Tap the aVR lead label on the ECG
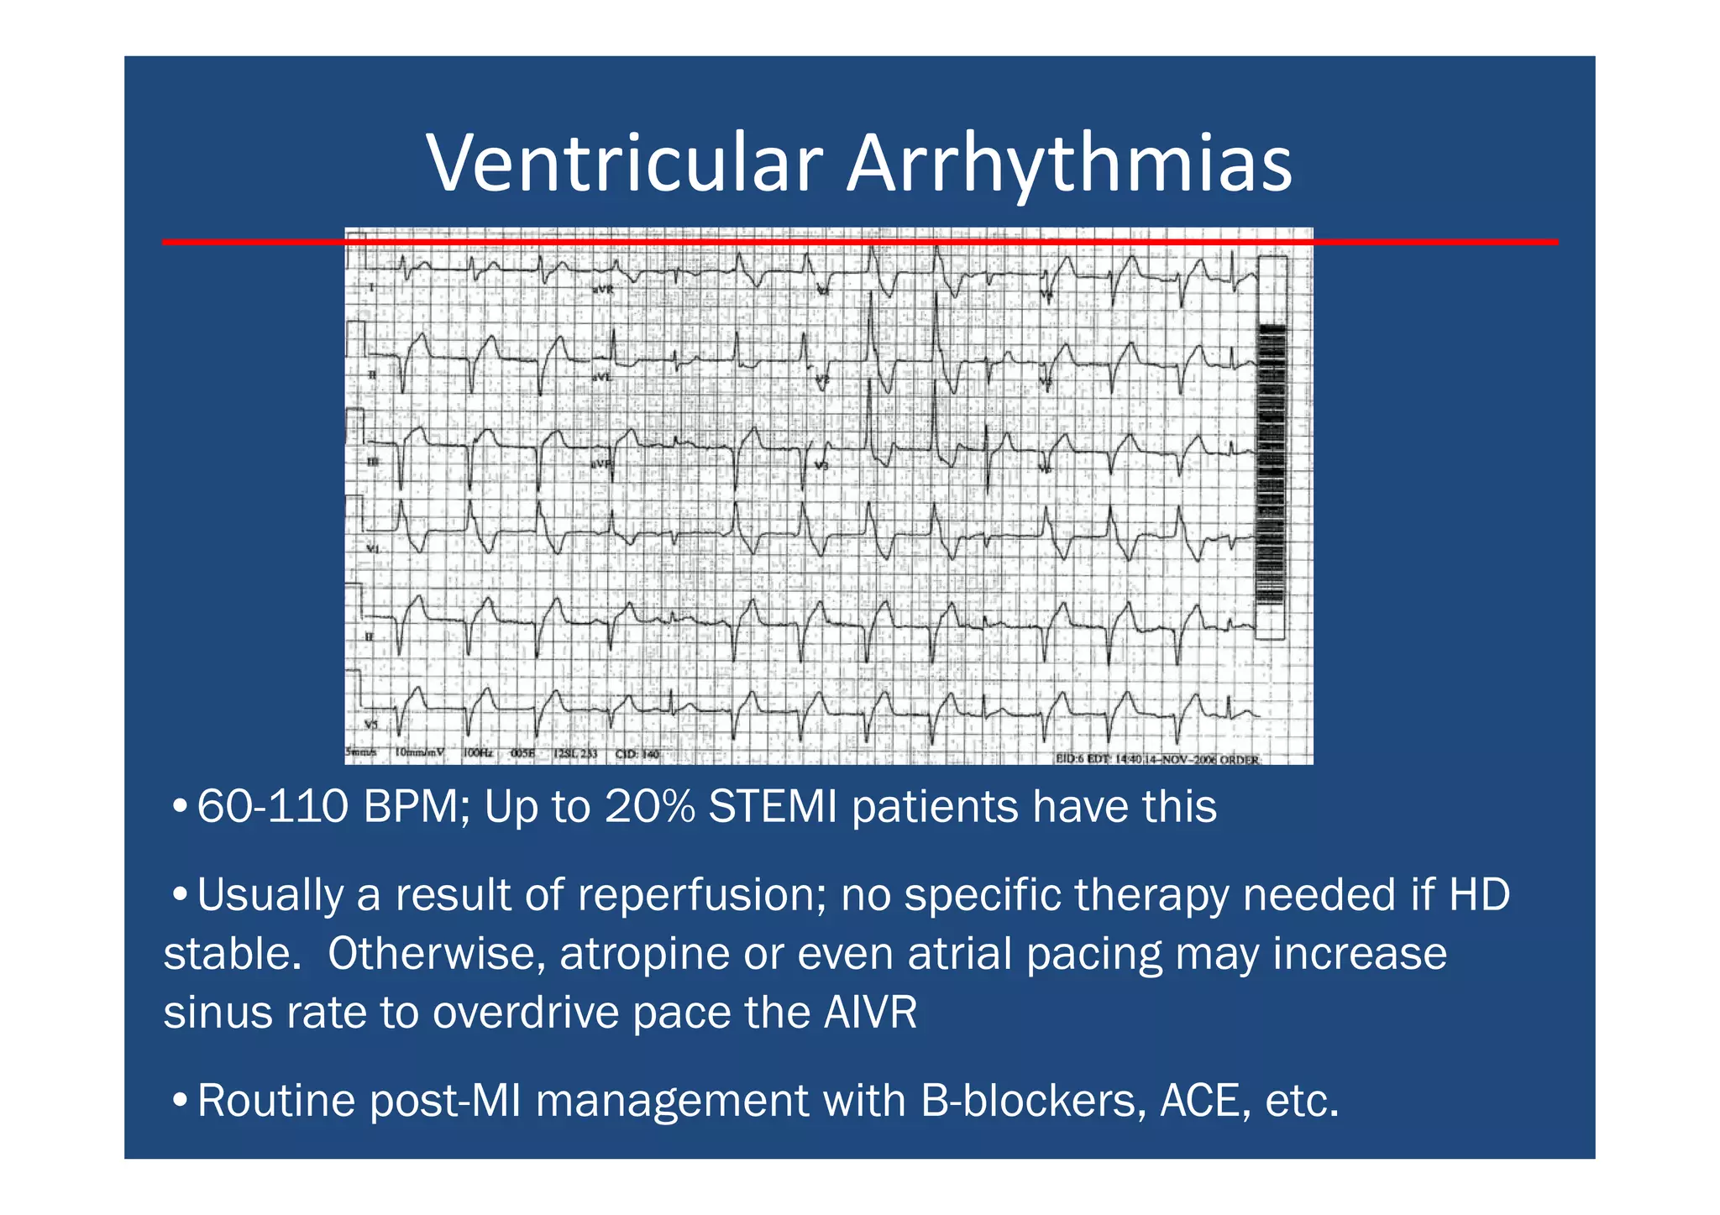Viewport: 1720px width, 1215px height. tap(603, 289)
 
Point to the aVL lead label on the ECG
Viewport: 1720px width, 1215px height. tap(601, 377)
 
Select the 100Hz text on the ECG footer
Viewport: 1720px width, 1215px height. tap(477, 753)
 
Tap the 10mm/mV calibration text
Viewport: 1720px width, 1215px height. tap(420, 753)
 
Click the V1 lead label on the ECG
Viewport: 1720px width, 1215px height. tap(372, 549)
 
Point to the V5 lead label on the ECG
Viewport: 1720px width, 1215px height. tap(370, 724)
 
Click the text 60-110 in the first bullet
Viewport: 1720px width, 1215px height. tap(272, 807)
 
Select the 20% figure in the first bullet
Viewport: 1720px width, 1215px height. tap(649, 807)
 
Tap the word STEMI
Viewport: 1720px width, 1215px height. tap(773, 807)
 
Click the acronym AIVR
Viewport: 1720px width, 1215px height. tap(870, 1013)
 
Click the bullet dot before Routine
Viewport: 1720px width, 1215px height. tap(179, 1101)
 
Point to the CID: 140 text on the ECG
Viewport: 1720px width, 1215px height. tap(637, 754)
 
